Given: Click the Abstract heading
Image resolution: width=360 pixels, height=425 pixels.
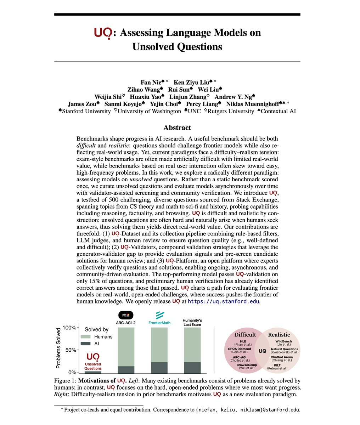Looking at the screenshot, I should coord(177,128).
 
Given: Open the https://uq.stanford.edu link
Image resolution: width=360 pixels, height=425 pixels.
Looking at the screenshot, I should coord(224,301).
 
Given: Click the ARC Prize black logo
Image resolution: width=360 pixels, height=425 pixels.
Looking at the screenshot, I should coord(126,314).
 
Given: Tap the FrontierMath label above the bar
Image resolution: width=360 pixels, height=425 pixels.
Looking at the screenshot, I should coord(159,323).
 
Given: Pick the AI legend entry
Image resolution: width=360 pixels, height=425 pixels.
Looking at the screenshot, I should coord(97,344).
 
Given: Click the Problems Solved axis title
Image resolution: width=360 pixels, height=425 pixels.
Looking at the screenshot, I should coord(59,348).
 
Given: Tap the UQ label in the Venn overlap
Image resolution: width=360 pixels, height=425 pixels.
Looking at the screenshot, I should coord(263,351).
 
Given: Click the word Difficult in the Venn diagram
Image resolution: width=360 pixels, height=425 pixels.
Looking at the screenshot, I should coord(245,335).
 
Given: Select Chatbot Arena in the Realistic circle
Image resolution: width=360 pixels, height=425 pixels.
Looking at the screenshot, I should coord(281,357).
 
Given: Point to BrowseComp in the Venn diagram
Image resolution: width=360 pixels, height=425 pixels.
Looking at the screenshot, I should coord(244,365).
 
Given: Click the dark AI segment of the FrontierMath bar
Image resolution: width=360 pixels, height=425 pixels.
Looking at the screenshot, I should coord(159,368).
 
